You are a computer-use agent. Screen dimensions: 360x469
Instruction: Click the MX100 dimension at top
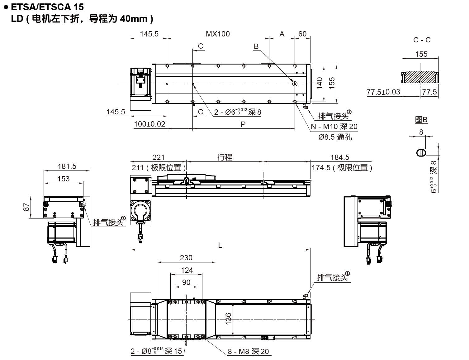pos(218,34)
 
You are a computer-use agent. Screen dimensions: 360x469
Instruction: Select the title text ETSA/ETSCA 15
pos(47,7)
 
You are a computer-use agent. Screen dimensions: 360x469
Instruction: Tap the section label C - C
pos(422,40)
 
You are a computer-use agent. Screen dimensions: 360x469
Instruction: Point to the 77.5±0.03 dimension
pos(383,92)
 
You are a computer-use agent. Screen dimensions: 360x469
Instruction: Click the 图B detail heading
pos(421,120)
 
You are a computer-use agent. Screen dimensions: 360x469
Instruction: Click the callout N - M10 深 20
pos(334,127)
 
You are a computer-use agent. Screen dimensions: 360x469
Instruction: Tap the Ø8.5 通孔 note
pos(335,137)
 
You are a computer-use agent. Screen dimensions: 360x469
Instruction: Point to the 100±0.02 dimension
pos(149,124)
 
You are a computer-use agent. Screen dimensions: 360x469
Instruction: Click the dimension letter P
pos(243,124)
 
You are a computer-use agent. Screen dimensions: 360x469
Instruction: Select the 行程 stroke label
pos(225,157)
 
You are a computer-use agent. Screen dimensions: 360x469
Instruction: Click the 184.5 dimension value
pos(339,157)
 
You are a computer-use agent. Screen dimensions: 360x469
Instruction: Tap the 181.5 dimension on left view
pos(67,166)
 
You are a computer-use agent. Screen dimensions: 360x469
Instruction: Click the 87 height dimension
pos(26,207)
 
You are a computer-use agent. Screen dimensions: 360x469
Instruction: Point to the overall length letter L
pos(220,245)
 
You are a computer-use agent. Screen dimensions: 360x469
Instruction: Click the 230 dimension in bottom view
pos(186,258)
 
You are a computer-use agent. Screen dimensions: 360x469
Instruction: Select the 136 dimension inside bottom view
pos(228,319)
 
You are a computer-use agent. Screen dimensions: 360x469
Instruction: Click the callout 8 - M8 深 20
pos(248,352)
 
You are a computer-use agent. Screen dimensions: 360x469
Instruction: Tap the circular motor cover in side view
pos(142,211)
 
